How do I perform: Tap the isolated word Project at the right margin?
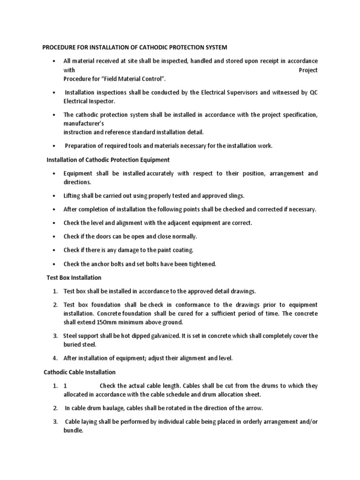pyautogui.click(x=307, y=70)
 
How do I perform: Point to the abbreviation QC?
pyautogui.click(x=313, y=93)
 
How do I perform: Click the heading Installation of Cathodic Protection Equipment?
pyautogui.click(x=108, y=160)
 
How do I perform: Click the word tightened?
pyautogui.click(x=199, y=264)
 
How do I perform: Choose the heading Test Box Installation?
pyautogui.click(x=74, y=278)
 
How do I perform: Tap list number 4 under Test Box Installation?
pyautogui.click(x=55, y=358)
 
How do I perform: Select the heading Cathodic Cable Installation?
pyautogui.click(x=79, y=372)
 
